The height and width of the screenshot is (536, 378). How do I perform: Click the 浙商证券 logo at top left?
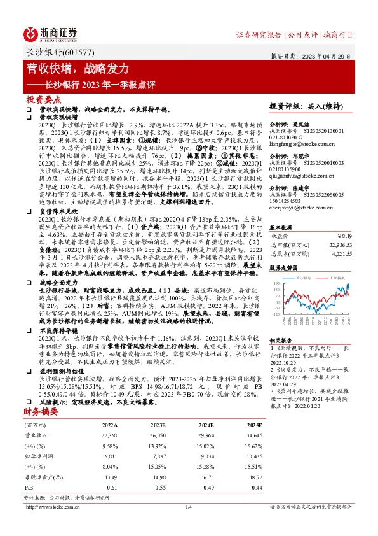click(x=51, y=33)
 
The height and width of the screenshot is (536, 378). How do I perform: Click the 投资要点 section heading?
click(x=43, y=101)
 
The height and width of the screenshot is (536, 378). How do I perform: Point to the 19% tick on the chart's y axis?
click(x=275, y=283)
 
